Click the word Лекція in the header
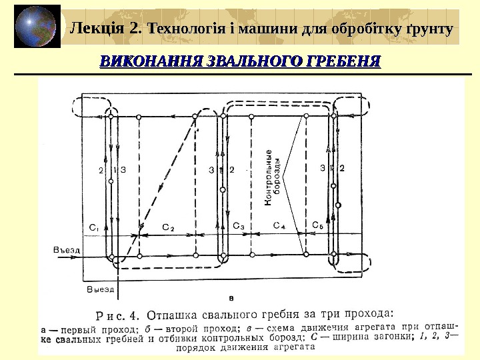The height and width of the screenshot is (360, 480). click(99, 29)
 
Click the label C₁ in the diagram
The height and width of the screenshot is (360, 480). click(94, 227)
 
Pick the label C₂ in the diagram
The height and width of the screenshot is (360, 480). click(169, 227)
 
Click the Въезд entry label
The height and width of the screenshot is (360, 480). click(66, 251)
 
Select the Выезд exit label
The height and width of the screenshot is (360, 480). click(101, 290)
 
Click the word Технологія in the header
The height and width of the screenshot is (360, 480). click(190, 29)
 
